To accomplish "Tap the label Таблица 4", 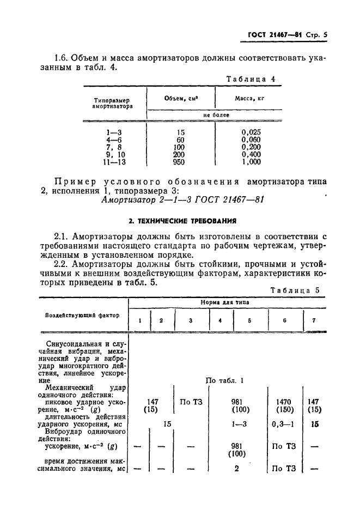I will click(251, 79).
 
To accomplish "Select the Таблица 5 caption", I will click(297, 290).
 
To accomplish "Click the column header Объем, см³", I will click(180, 98).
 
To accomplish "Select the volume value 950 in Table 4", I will click(178, 162).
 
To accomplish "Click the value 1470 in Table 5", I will click(284, 401).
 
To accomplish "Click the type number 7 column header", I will click(314, 320).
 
